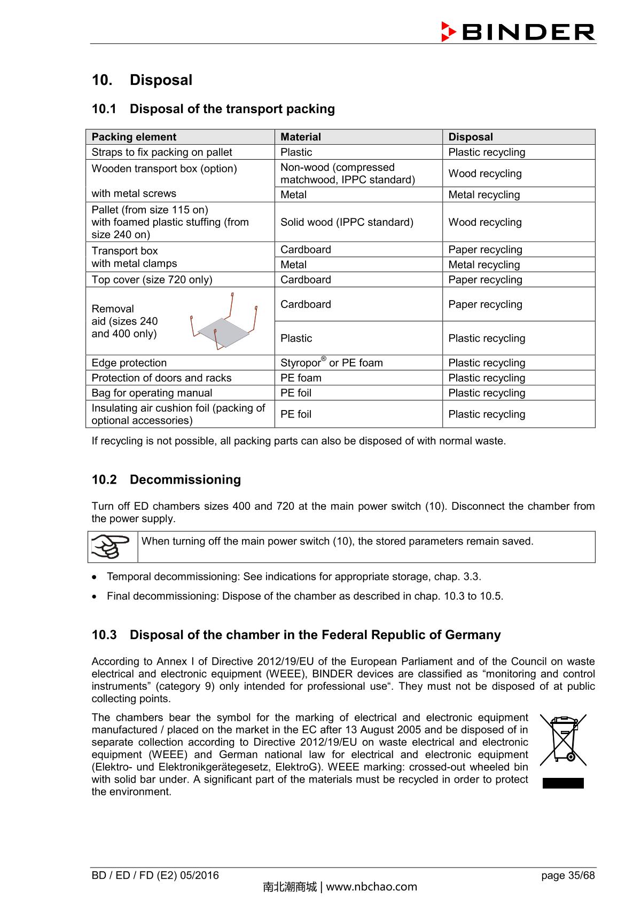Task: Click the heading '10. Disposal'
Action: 142,80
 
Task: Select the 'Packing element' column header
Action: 134,137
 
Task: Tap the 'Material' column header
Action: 300,137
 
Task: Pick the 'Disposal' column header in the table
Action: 470,137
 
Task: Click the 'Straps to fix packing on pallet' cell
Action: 161,152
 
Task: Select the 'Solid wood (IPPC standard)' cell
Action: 347,222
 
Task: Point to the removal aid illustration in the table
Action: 224,322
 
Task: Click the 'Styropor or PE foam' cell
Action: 331,363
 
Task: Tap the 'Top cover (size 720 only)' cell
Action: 152,280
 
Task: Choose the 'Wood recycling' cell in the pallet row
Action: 484,222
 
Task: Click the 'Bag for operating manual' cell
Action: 152,393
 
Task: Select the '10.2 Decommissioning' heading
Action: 166,479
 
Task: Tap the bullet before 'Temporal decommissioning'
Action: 95,577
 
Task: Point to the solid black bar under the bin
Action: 562,783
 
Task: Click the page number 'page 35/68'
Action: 567,875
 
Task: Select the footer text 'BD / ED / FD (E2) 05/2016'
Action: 155,875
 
